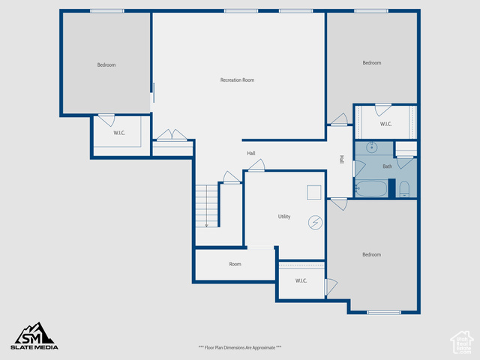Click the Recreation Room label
coord(237,80)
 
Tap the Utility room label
coord(284,217)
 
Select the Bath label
coord(387,166)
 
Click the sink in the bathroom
coord(372,148)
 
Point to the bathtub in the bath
coord(371,188)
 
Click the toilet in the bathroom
coord(404,189)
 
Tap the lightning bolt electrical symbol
coord(315,223)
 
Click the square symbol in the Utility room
coord(313,193)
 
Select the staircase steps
coord(207,206)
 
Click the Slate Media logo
coord(34,336)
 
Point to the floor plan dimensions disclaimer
coord(240,347)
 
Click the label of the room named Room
coord(235,264)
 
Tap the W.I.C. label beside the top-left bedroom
coord(119,133)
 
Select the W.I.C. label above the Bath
coord(385,124)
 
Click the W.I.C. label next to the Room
coord(301,280)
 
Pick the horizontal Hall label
coord(251,153)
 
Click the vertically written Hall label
coord(342,160)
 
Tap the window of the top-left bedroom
coord(107,11)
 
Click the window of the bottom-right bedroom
coord(384,312)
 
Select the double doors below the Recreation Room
coord(172,135)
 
